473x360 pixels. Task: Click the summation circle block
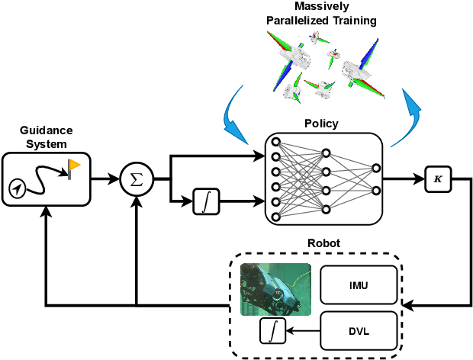(137, 180)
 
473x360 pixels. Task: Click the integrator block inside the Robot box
(272, 330)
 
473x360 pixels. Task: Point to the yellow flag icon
(75, 167)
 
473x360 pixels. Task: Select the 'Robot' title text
(325, 243)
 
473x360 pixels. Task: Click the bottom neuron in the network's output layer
(375, 191)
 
